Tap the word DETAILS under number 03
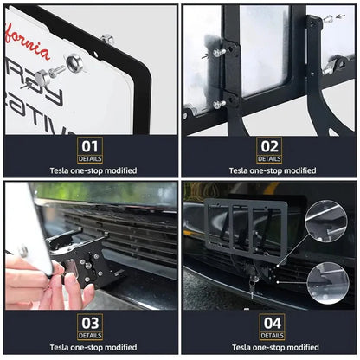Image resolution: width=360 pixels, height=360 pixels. pos(91,335)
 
